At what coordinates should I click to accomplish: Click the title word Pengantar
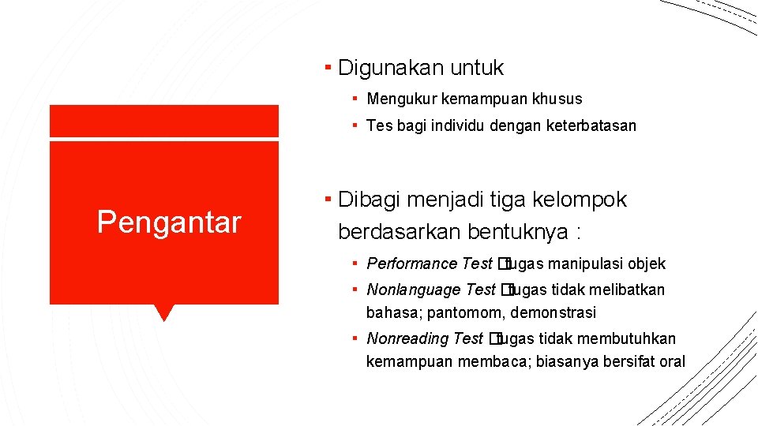coord(168,223)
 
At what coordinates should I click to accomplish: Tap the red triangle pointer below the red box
coord(164,312)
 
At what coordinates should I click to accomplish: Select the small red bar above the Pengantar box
coord(164,121)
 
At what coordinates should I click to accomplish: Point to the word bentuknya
coord(519,232)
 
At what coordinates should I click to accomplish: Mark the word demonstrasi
coord(553,313)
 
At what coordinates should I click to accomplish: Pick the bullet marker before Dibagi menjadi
coord(328,199)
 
